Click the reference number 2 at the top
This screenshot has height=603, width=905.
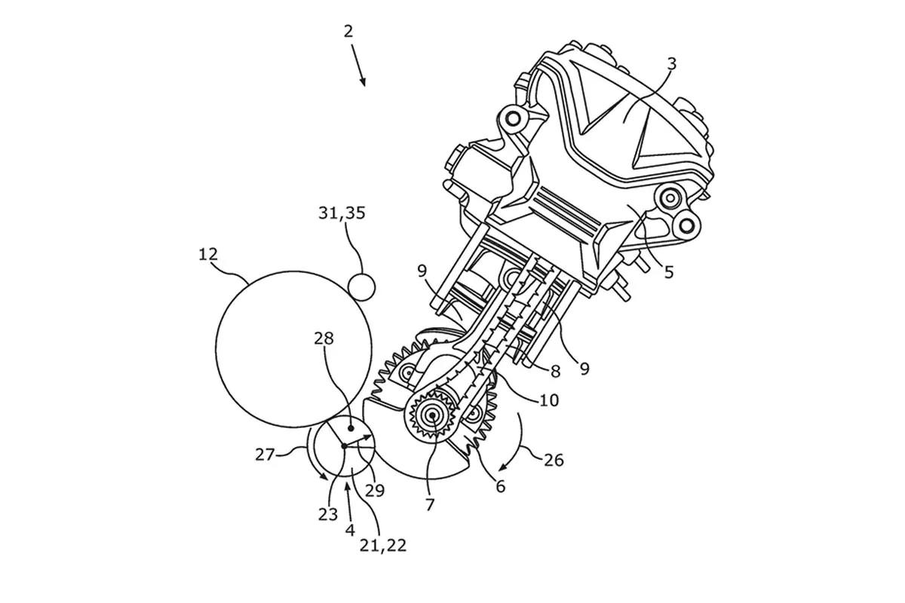(348, 32)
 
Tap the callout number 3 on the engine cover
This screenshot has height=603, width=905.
(671, 64)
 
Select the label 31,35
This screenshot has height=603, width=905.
(342, 213)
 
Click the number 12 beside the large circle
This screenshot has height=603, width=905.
(208, 255)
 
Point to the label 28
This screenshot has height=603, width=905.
(324, 338)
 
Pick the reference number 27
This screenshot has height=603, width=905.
(265, 455)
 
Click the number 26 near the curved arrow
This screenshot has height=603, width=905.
(554, 460)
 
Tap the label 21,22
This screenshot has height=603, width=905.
(383, 546)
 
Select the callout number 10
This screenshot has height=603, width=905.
(549, 400)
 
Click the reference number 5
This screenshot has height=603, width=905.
(669, 273)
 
